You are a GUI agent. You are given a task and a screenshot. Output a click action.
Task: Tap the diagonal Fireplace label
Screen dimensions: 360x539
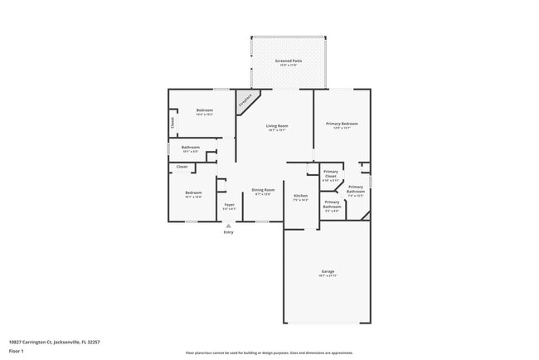pyautogui.click(x=245, y=102)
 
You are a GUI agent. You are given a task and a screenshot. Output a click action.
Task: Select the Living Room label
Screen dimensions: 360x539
pyautogui.click(x=276, y=126)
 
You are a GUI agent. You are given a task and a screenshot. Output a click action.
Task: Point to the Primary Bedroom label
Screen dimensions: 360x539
pyautogui.click(x=342, y=124)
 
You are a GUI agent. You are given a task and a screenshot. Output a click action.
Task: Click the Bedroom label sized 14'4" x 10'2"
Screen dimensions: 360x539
pyautogui.click(x=205, y=110)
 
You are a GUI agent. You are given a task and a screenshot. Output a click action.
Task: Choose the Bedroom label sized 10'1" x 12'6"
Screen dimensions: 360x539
pyautogui.click(x=193, y=192)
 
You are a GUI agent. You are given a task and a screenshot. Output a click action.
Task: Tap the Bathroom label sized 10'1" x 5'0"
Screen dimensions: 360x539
pyautogui.click(x=191, y=147)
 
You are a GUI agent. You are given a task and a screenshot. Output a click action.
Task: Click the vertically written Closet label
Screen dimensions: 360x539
pyautogui.click(x=172, y=123)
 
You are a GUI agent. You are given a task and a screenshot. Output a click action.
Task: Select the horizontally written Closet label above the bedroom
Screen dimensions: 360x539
pyautogui.click(x=182, y=167)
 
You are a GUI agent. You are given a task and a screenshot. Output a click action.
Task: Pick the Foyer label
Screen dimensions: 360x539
pyautogui.click(x=229, y=204)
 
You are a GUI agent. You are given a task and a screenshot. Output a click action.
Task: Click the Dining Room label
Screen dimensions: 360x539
pyautogui.click(x=263, y=190)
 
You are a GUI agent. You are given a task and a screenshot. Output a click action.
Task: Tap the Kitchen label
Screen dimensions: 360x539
pyautogui.click(x=300, y=196)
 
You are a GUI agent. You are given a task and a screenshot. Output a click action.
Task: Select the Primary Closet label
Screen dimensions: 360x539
pyautogui.click(x=331, y=174)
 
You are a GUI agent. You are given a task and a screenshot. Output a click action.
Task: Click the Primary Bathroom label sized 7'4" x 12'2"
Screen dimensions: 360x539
pyautogui.click(x=356, y=189)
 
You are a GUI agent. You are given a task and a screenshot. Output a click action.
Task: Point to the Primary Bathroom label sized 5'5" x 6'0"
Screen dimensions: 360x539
pyautogui.click(x=332, y=203)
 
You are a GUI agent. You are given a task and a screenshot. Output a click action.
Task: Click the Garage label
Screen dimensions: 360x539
pyautogui.click(x=328, y=271)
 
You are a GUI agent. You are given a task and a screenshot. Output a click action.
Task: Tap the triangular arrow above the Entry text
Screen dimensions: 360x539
pyautogui.click(x=228, y=225)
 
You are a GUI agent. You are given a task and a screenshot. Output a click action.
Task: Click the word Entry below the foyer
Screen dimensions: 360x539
pyautogui.click(x=228, y=232)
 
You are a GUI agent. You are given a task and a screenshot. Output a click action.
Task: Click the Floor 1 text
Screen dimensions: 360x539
pyautogui.click(x=16, y=349)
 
